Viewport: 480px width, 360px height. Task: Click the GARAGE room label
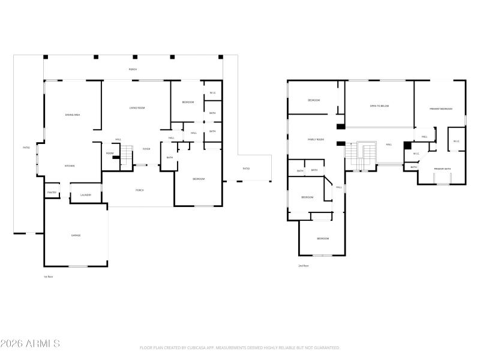tap(76, 235)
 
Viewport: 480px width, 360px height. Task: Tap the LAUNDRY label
tap(86, 195)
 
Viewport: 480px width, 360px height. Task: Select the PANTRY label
tap(52, 192)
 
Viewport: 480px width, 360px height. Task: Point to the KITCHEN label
tap(70, 166)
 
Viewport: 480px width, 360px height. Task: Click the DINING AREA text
tap(73, 115)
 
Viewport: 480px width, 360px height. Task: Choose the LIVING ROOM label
tap(137, 108)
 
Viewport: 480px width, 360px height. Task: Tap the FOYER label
tap(146, 149)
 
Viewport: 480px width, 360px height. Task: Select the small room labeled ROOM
tap(110, 153)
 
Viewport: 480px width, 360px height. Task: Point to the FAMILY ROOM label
tap(316, 139)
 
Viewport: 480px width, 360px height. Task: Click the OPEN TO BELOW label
tap(379, 106)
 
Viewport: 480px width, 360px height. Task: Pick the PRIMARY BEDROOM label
tap(440, 109)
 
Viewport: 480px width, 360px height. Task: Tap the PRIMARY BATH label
tap(442, 169)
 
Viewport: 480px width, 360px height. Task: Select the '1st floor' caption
tap(48, 277)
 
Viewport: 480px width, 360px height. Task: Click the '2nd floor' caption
tap(304, 265)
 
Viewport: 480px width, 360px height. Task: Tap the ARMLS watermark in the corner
tap(30, 344)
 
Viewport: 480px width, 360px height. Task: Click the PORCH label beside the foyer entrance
tap(139, 190)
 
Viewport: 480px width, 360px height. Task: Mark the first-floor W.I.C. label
tap(212, 93)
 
